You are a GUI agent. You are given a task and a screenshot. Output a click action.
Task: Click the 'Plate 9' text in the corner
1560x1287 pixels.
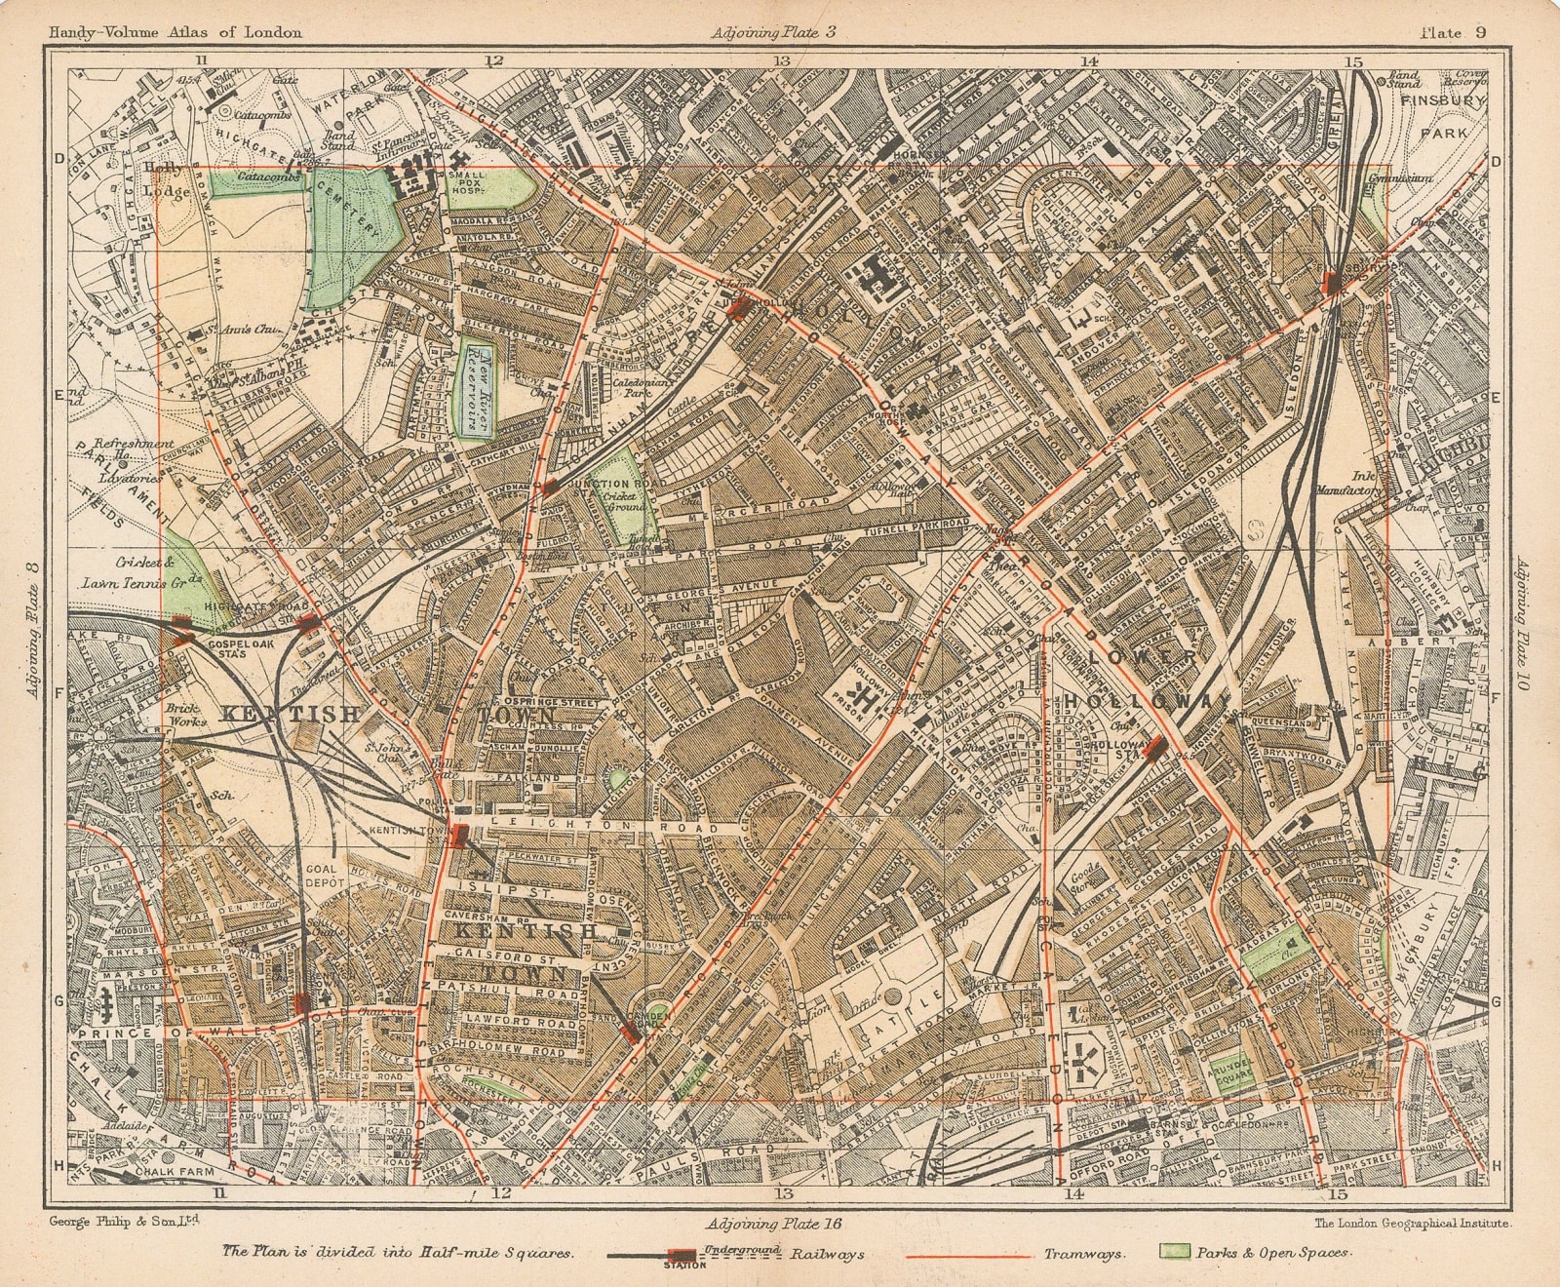[1452, 32]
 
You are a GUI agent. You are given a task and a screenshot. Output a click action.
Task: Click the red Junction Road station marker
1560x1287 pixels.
[550, 487]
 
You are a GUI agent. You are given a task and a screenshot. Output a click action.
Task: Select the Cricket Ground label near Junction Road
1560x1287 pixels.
[624, 500]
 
